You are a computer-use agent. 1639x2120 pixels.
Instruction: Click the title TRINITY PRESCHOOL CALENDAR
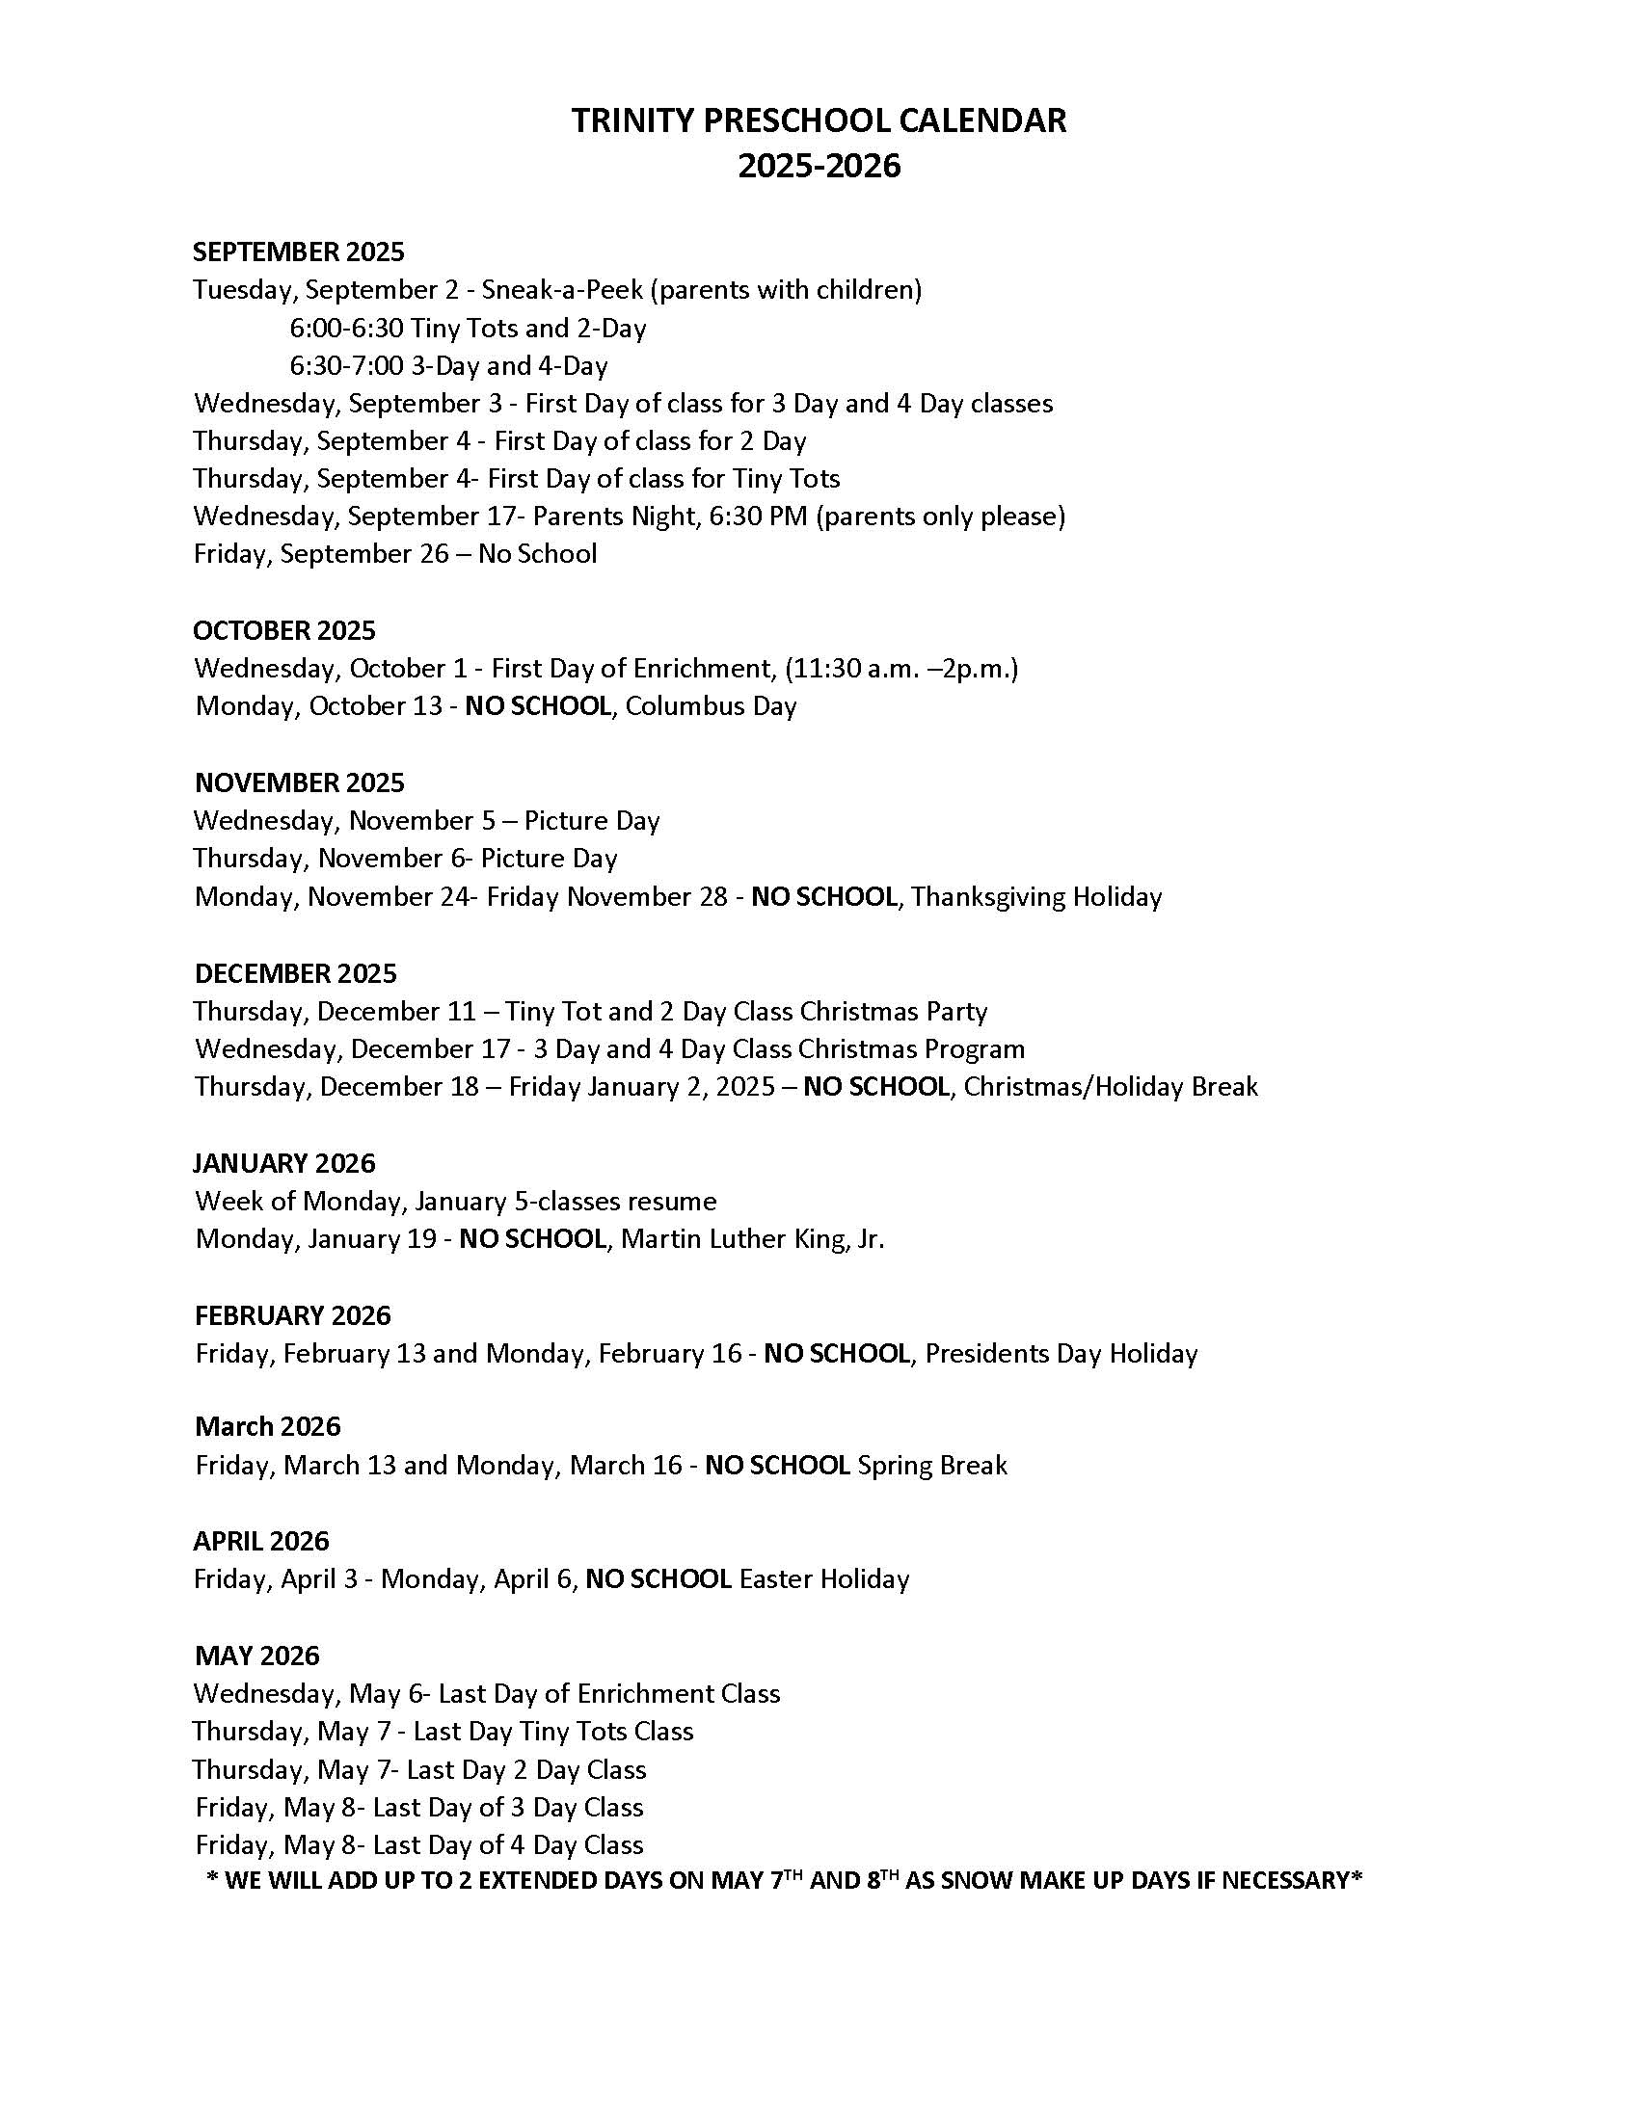(x=819, y=120)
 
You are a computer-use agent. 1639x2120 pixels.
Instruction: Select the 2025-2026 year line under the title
(x=819, y=166)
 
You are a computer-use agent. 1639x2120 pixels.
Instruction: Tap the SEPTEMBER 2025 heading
(x=298, y=252)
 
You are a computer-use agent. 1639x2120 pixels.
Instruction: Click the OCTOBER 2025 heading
(x=283, y=631)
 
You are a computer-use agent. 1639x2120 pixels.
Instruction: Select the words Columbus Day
(x=711, y=705)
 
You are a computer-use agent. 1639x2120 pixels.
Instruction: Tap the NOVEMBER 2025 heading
(x=299, y=782)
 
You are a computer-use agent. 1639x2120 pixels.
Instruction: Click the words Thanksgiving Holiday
(x=1036, y=896)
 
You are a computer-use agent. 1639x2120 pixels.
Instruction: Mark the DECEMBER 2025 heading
(x=295, y=973)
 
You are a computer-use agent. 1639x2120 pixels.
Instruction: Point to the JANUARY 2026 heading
(x=283, y=1163)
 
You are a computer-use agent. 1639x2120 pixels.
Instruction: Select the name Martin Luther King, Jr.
(x=753, y=1239)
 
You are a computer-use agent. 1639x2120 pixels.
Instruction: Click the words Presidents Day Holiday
(x=1061, y=1353)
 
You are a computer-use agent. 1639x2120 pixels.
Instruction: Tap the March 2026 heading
(x=268, y=1427)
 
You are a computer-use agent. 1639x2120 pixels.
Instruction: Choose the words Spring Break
(x=932, y=1465)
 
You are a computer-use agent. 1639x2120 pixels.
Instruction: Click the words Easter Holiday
(x=824, y=1579)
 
